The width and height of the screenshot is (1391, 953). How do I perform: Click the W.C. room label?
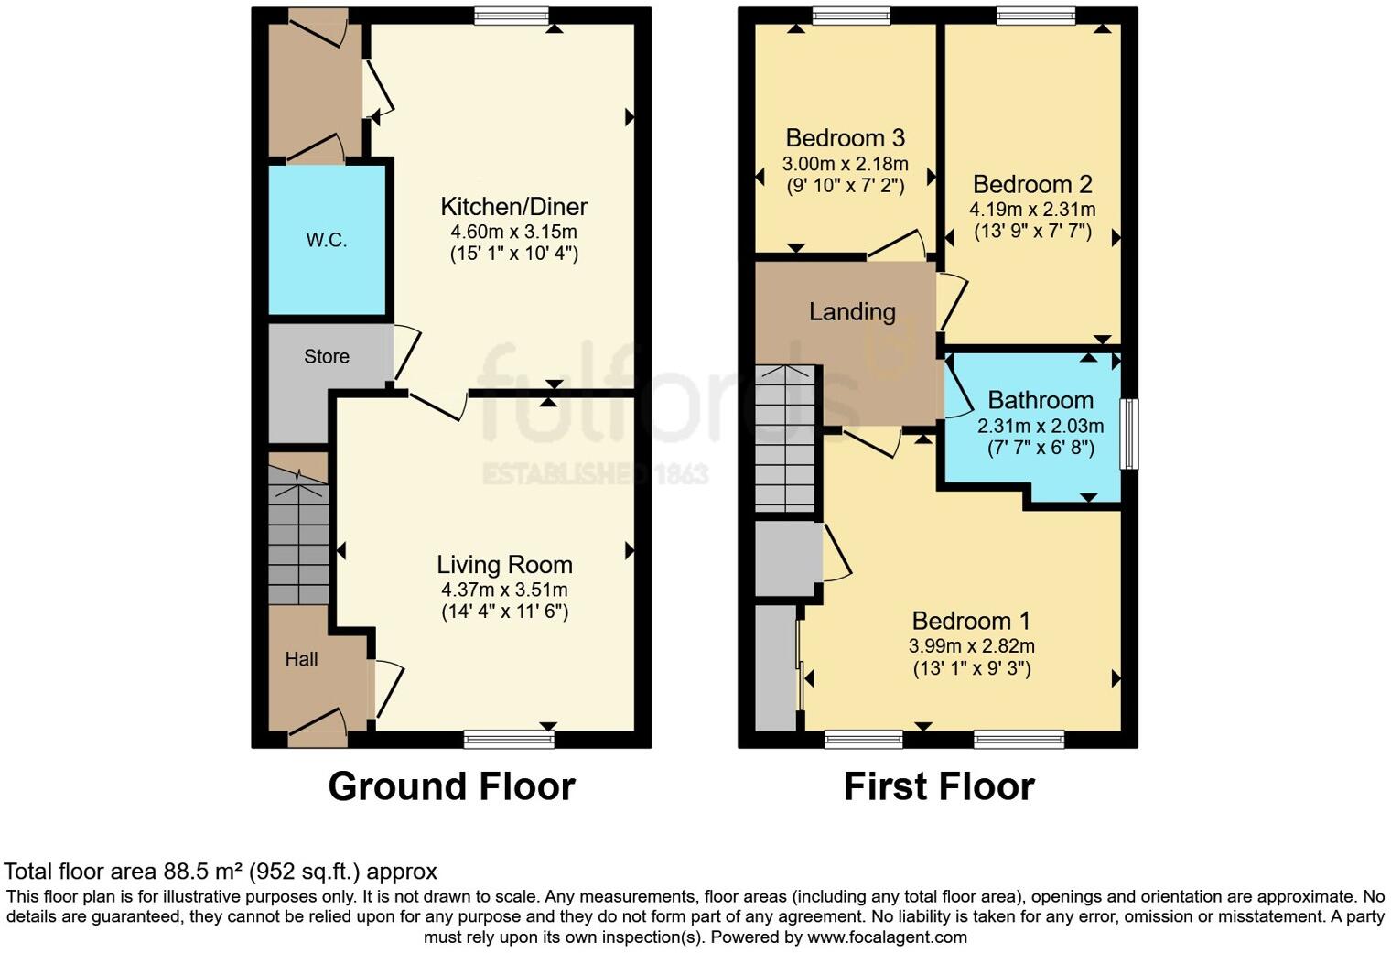coord(326,241)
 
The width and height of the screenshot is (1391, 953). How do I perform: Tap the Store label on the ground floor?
coord(327,357)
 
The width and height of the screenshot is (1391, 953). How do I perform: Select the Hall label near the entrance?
coord(301,659)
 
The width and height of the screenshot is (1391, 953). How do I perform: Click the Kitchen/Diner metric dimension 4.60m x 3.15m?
coord(513,232)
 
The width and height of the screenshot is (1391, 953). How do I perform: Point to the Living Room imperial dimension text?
coord(504,612)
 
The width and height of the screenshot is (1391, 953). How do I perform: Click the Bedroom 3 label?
coord(845,138)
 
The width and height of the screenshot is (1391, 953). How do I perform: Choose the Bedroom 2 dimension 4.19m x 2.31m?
coord(1032,210)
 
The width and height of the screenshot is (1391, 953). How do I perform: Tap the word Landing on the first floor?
coord(852,312)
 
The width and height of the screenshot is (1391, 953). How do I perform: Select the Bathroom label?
coord(1041,401)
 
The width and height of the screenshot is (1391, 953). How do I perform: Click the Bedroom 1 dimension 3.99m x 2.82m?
coord(972,646)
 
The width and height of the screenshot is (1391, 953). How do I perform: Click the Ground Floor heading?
coord(451,787)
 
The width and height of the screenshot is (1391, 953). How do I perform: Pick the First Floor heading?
coord(939,787)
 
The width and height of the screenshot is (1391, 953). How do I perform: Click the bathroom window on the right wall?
coord(1131,434)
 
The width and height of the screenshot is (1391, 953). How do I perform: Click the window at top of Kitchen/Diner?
coord(512,15)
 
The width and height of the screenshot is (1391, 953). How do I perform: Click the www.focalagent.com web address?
coord(887,937)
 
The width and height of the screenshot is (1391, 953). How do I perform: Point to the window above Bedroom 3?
coord(850,15)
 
